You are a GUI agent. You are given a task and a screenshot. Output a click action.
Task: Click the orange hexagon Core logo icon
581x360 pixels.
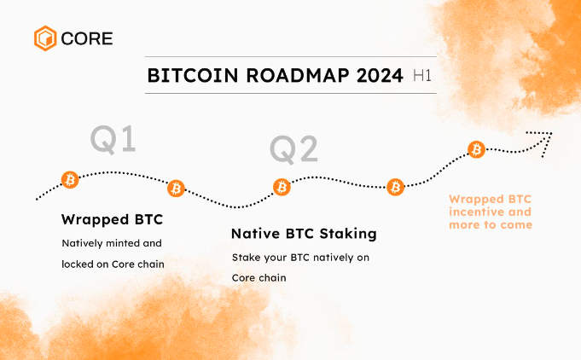pos(45,38)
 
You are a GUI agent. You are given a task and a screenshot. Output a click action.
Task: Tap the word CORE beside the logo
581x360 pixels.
pos(87,38)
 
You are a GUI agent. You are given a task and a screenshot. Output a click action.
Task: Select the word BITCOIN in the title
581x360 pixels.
pos(193,76)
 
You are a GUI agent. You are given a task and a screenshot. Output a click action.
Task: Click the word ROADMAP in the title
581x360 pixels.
pos(298,76)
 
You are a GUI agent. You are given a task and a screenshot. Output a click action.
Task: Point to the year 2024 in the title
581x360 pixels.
pos(380,76)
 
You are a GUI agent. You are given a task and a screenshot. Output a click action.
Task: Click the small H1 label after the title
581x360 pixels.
pos(422,76)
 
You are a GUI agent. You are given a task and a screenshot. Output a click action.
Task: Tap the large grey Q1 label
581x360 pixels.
pos(113,139)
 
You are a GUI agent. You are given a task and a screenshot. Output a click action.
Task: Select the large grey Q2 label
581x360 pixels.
pos(293,149)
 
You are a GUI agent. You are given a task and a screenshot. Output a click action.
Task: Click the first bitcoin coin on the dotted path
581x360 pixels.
pos(70,180)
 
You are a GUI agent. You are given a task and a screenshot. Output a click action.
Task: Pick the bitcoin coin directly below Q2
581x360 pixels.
pos(282,187)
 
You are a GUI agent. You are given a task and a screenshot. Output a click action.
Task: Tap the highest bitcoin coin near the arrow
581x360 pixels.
pos(476,149)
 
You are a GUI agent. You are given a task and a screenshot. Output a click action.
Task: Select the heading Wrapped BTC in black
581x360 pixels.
pos(113,219)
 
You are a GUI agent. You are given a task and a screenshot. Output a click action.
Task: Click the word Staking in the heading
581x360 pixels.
pos(348,234)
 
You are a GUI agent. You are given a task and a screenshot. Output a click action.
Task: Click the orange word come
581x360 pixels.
pos(516,225)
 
